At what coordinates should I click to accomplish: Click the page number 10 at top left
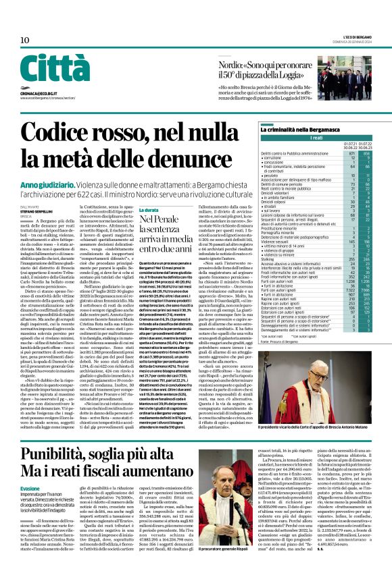25,40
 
